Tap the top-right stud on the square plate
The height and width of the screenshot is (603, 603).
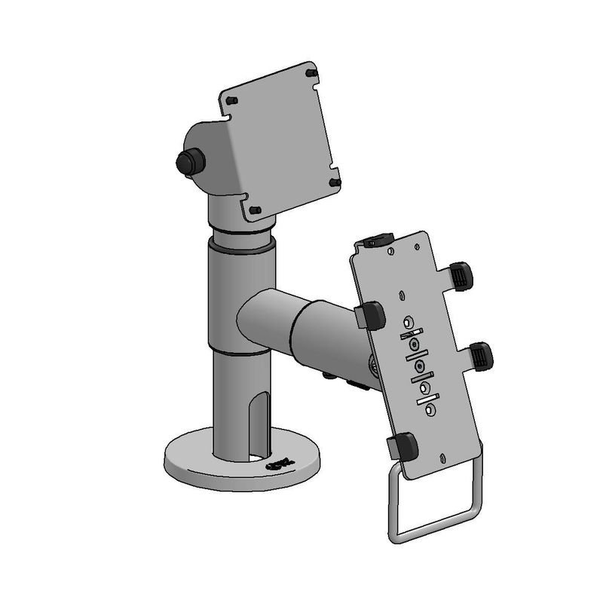(x=311, y=73)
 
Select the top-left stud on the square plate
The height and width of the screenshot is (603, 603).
(x=232, y=100)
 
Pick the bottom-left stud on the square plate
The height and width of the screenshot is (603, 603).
(x=256, y=209)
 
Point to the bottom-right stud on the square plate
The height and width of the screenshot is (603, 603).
(x=335, y=182)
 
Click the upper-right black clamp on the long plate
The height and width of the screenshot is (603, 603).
(x=461, y=276)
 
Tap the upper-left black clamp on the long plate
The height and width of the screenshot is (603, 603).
(x=371, y=315)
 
